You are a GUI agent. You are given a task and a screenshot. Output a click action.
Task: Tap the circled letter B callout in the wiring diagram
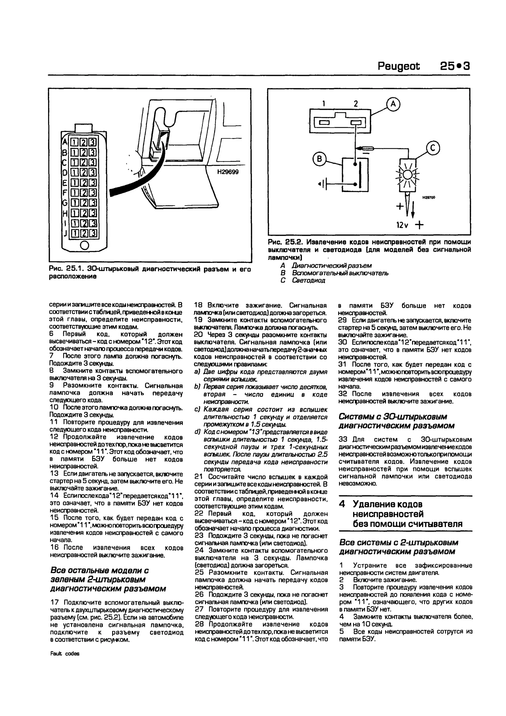pos(319,159)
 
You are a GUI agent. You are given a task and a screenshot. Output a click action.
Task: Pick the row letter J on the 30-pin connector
pos(65,233)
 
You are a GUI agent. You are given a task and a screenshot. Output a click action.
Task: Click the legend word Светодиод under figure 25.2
pos(308,280)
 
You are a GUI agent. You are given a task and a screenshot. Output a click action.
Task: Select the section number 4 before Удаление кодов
pos(342,504)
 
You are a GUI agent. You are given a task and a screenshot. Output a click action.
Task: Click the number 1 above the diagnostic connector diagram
pos(324,104)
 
